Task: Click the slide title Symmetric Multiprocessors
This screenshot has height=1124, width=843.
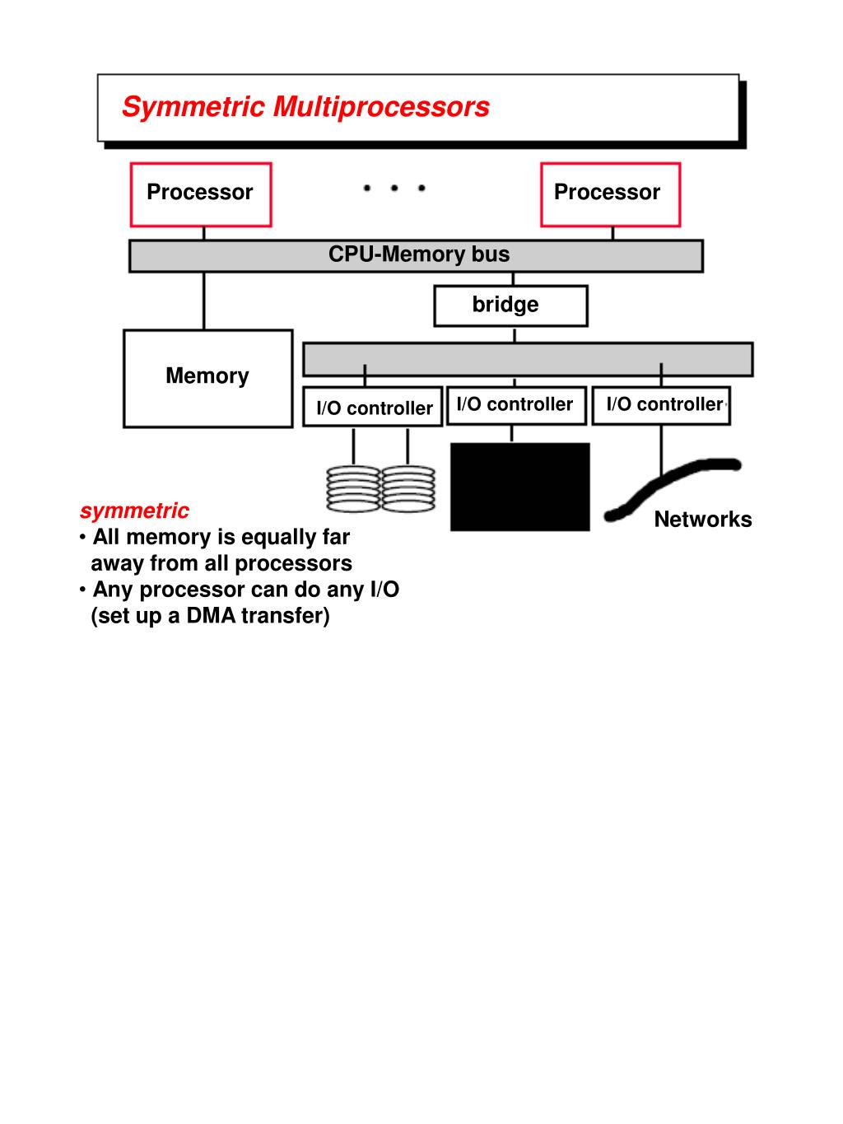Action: [305, 107]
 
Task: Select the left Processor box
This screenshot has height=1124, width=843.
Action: [200, 194]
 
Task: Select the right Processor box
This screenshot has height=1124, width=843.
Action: [609, 194]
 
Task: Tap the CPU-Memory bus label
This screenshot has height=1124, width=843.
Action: [418, 254]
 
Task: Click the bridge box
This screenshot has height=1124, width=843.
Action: [510, 305]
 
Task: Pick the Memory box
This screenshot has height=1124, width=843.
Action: [207, 378]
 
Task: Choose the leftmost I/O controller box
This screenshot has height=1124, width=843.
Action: [374, 407]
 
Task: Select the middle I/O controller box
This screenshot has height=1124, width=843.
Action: [515, 405]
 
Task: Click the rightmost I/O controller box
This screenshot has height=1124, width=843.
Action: [661, 405]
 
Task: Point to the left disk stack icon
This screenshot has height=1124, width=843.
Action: [353, 489]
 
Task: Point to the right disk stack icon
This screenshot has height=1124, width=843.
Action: [408, 489]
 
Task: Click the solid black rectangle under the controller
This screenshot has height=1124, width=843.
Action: [519, 486]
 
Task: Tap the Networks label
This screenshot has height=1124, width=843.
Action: [702, 520]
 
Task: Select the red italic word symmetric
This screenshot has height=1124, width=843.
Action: [134, 511]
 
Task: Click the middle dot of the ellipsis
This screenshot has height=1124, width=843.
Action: [394, 189]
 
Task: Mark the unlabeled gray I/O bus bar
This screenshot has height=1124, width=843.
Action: [528, 360]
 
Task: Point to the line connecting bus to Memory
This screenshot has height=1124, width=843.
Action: [204, 301]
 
